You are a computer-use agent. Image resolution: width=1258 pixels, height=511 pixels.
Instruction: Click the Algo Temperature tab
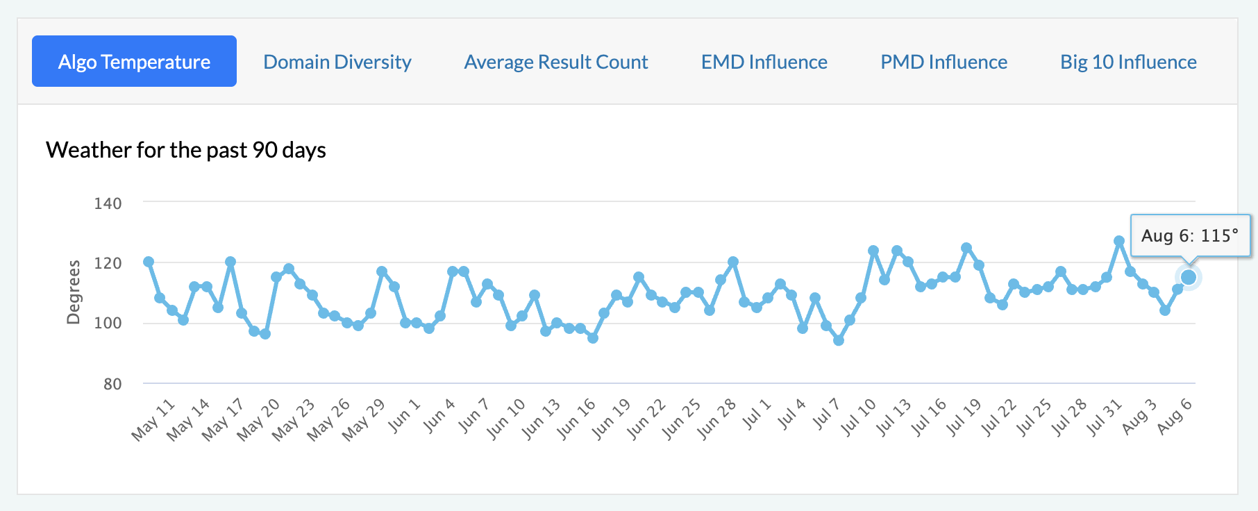point(134,61)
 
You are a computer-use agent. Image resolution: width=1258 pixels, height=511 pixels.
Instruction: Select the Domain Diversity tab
point(337,62)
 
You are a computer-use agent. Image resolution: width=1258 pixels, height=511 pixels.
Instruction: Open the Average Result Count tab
point(556,62)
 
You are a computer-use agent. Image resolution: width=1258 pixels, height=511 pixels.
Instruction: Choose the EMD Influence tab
point(764,62)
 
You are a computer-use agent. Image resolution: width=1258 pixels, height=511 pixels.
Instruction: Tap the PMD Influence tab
point(943,62)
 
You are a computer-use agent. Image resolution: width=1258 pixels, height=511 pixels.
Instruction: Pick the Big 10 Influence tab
point(1128,62)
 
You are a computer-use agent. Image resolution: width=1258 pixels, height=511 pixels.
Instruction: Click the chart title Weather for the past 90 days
point(186,150)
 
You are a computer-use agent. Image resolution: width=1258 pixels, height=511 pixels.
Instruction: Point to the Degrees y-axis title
point(73,292)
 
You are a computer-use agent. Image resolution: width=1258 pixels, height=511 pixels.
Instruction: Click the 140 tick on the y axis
point(108,203)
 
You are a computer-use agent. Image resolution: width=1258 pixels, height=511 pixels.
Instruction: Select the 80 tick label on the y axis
point(112,384)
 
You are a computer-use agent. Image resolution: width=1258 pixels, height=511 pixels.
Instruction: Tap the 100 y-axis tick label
point(108,323)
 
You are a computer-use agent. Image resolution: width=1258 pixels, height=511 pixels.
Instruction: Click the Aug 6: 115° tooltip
point(1190,236)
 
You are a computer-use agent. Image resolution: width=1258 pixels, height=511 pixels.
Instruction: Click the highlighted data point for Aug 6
point(1189,277)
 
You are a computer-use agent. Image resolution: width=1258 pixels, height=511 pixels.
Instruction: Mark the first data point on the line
point(149,262)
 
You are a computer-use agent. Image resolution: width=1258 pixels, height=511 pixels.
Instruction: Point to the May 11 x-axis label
point(153,420)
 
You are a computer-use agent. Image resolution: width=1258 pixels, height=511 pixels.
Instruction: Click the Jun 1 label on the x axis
point(404,416)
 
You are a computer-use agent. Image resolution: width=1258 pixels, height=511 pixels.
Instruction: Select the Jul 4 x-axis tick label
point(791,414)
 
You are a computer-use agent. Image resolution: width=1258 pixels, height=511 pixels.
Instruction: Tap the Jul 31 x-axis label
point(1104,417)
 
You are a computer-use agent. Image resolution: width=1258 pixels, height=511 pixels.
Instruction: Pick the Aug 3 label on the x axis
point(1139,417)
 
